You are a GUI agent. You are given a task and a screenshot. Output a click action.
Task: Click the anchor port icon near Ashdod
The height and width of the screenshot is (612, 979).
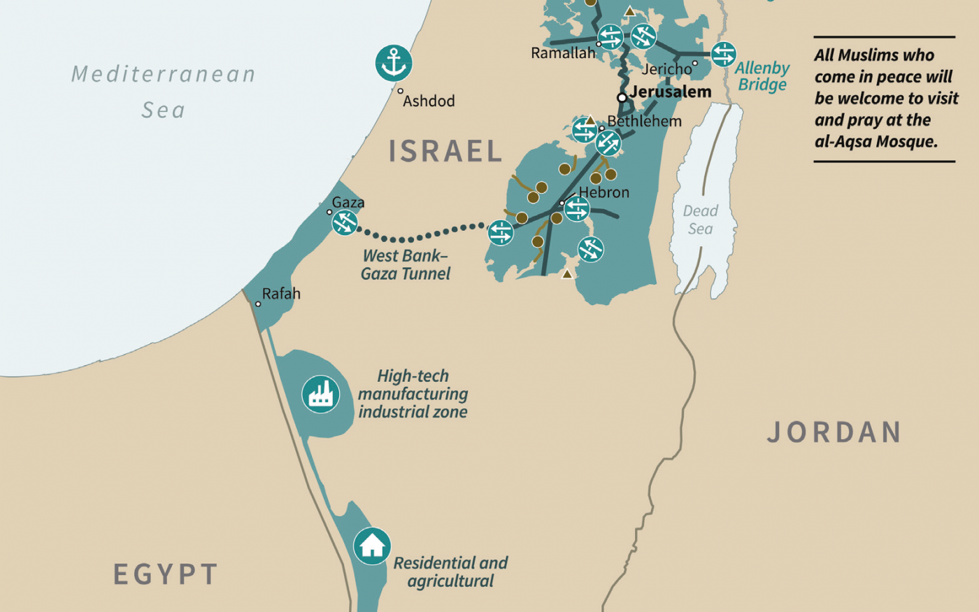click(394, 63)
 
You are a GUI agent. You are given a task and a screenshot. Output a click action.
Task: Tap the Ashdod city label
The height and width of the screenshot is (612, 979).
click(429, 101)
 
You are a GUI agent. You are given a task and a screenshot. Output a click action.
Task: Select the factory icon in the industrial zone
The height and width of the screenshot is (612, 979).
click(321, 394)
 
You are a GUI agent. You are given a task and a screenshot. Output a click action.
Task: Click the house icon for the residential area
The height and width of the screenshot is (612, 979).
click(372, 546)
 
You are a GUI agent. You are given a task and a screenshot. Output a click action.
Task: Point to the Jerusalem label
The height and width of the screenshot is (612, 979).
click(670, 92)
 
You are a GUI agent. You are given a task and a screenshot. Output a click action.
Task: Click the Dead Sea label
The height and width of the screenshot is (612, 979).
click(700, 220)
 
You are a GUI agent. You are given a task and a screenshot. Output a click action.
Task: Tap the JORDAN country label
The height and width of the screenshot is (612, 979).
click(834, 432)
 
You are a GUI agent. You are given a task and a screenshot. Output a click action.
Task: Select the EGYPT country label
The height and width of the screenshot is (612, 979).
click(166, 574)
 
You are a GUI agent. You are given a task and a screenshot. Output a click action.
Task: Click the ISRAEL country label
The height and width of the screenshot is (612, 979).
click(445, 151)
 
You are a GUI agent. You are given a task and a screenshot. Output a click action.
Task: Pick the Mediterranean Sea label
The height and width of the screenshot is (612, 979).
click(164, 91)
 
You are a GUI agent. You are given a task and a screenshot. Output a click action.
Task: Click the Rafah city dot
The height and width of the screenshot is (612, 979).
click(258, 304)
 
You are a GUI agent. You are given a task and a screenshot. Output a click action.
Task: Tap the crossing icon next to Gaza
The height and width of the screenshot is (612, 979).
click(345, 222)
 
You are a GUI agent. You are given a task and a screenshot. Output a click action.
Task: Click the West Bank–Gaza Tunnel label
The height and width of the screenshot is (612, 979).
click(406, 265)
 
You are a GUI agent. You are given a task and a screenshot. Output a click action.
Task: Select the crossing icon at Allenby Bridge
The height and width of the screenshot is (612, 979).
click(723, 54)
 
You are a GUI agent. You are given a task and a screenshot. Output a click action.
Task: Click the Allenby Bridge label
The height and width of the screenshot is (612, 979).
click(762, 76)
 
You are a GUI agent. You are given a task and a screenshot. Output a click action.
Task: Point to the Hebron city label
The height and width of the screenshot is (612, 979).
click(603, 192)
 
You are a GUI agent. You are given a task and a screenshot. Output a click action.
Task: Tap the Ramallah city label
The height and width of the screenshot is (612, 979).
click(563, 53)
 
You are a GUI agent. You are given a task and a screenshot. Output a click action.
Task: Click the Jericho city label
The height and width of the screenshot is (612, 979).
click(666, 69)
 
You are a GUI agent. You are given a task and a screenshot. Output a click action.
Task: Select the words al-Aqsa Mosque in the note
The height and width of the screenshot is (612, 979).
click(876, 141)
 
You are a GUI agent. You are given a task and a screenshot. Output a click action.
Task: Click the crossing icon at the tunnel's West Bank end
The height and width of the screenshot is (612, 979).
click(501, 233)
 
